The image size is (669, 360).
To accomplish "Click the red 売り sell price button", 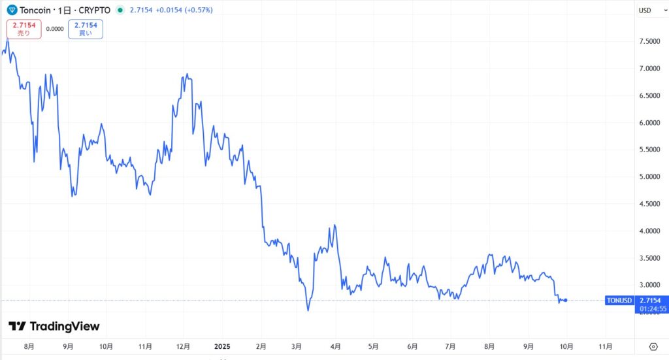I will click(24, 29).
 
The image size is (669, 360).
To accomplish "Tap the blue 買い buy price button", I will click(86, 29).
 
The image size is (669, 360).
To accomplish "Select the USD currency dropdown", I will click(647, 10).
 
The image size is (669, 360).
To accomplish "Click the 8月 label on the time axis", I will click(28, 346).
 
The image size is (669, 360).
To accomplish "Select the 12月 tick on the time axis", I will click(184, 346).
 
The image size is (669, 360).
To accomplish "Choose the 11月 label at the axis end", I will click(606, 346).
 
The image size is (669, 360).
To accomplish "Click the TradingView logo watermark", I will click(54, 326).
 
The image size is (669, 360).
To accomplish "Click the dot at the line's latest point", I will click(566, 300).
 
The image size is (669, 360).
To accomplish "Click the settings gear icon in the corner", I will click(653, 346).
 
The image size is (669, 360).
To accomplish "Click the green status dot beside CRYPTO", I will click(120, 10).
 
